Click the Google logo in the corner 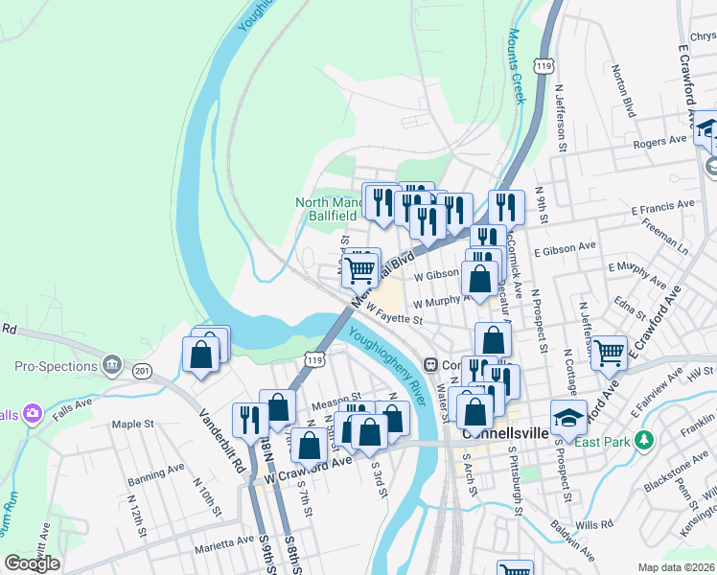pos(32,563)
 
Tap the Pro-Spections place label pos(56,366)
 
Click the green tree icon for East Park pos(646,440)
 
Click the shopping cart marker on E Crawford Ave pos(609,353)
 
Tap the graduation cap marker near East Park pos(568,418)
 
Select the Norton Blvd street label pos(623,91)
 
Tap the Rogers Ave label pos(660,142)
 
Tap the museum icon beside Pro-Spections pos(112,365)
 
